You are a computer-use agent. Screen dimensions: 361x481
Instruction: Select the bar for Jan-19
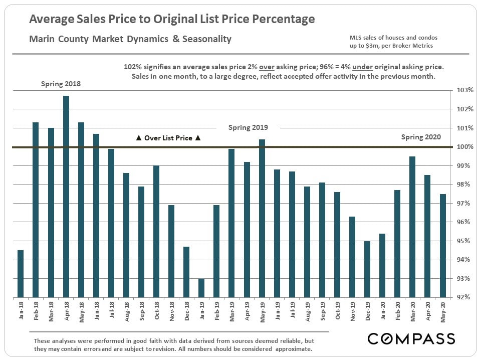(x=201, y=288)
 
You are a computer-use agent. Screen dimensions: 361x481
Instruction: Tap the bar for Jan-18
(x=21, y=273)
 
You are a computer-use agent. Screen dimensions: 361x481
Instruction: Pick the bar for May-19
(x=262, y=218)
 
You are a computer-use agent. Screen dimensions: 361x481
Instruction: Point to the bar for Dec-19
(x=367, y=269)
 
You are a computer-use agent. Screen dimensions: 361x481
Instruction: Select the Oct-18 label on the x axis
(x=156, y=310)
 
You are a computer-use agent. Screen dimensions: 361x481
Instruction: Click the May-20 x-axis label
(x=443, y=310)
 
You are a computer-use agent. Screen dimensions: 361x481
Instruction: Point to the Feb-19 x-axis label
(x=217, y=310)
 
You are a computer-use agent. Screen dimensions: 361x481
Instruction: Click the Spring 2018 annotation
(x=61, y=84)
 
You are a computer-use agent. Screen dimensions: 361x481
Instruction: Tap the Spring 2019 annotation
(x=248, y=127)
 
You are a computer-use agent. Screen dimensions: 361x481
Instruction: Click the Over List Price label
(x=168, y=138)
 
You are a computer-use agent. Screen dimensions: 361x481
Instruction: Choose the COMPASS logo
(x=411, y=338)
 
